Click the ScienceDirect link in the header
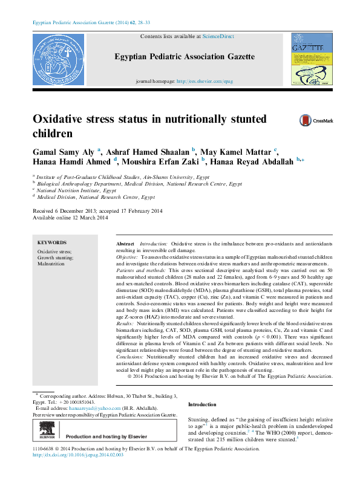(x=218, y=37)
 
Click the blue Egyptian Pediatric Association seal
(x=59, y=59)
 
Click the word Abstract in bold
(x=125, y=242)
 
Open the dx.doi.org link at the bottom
(x=77, y=472)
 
